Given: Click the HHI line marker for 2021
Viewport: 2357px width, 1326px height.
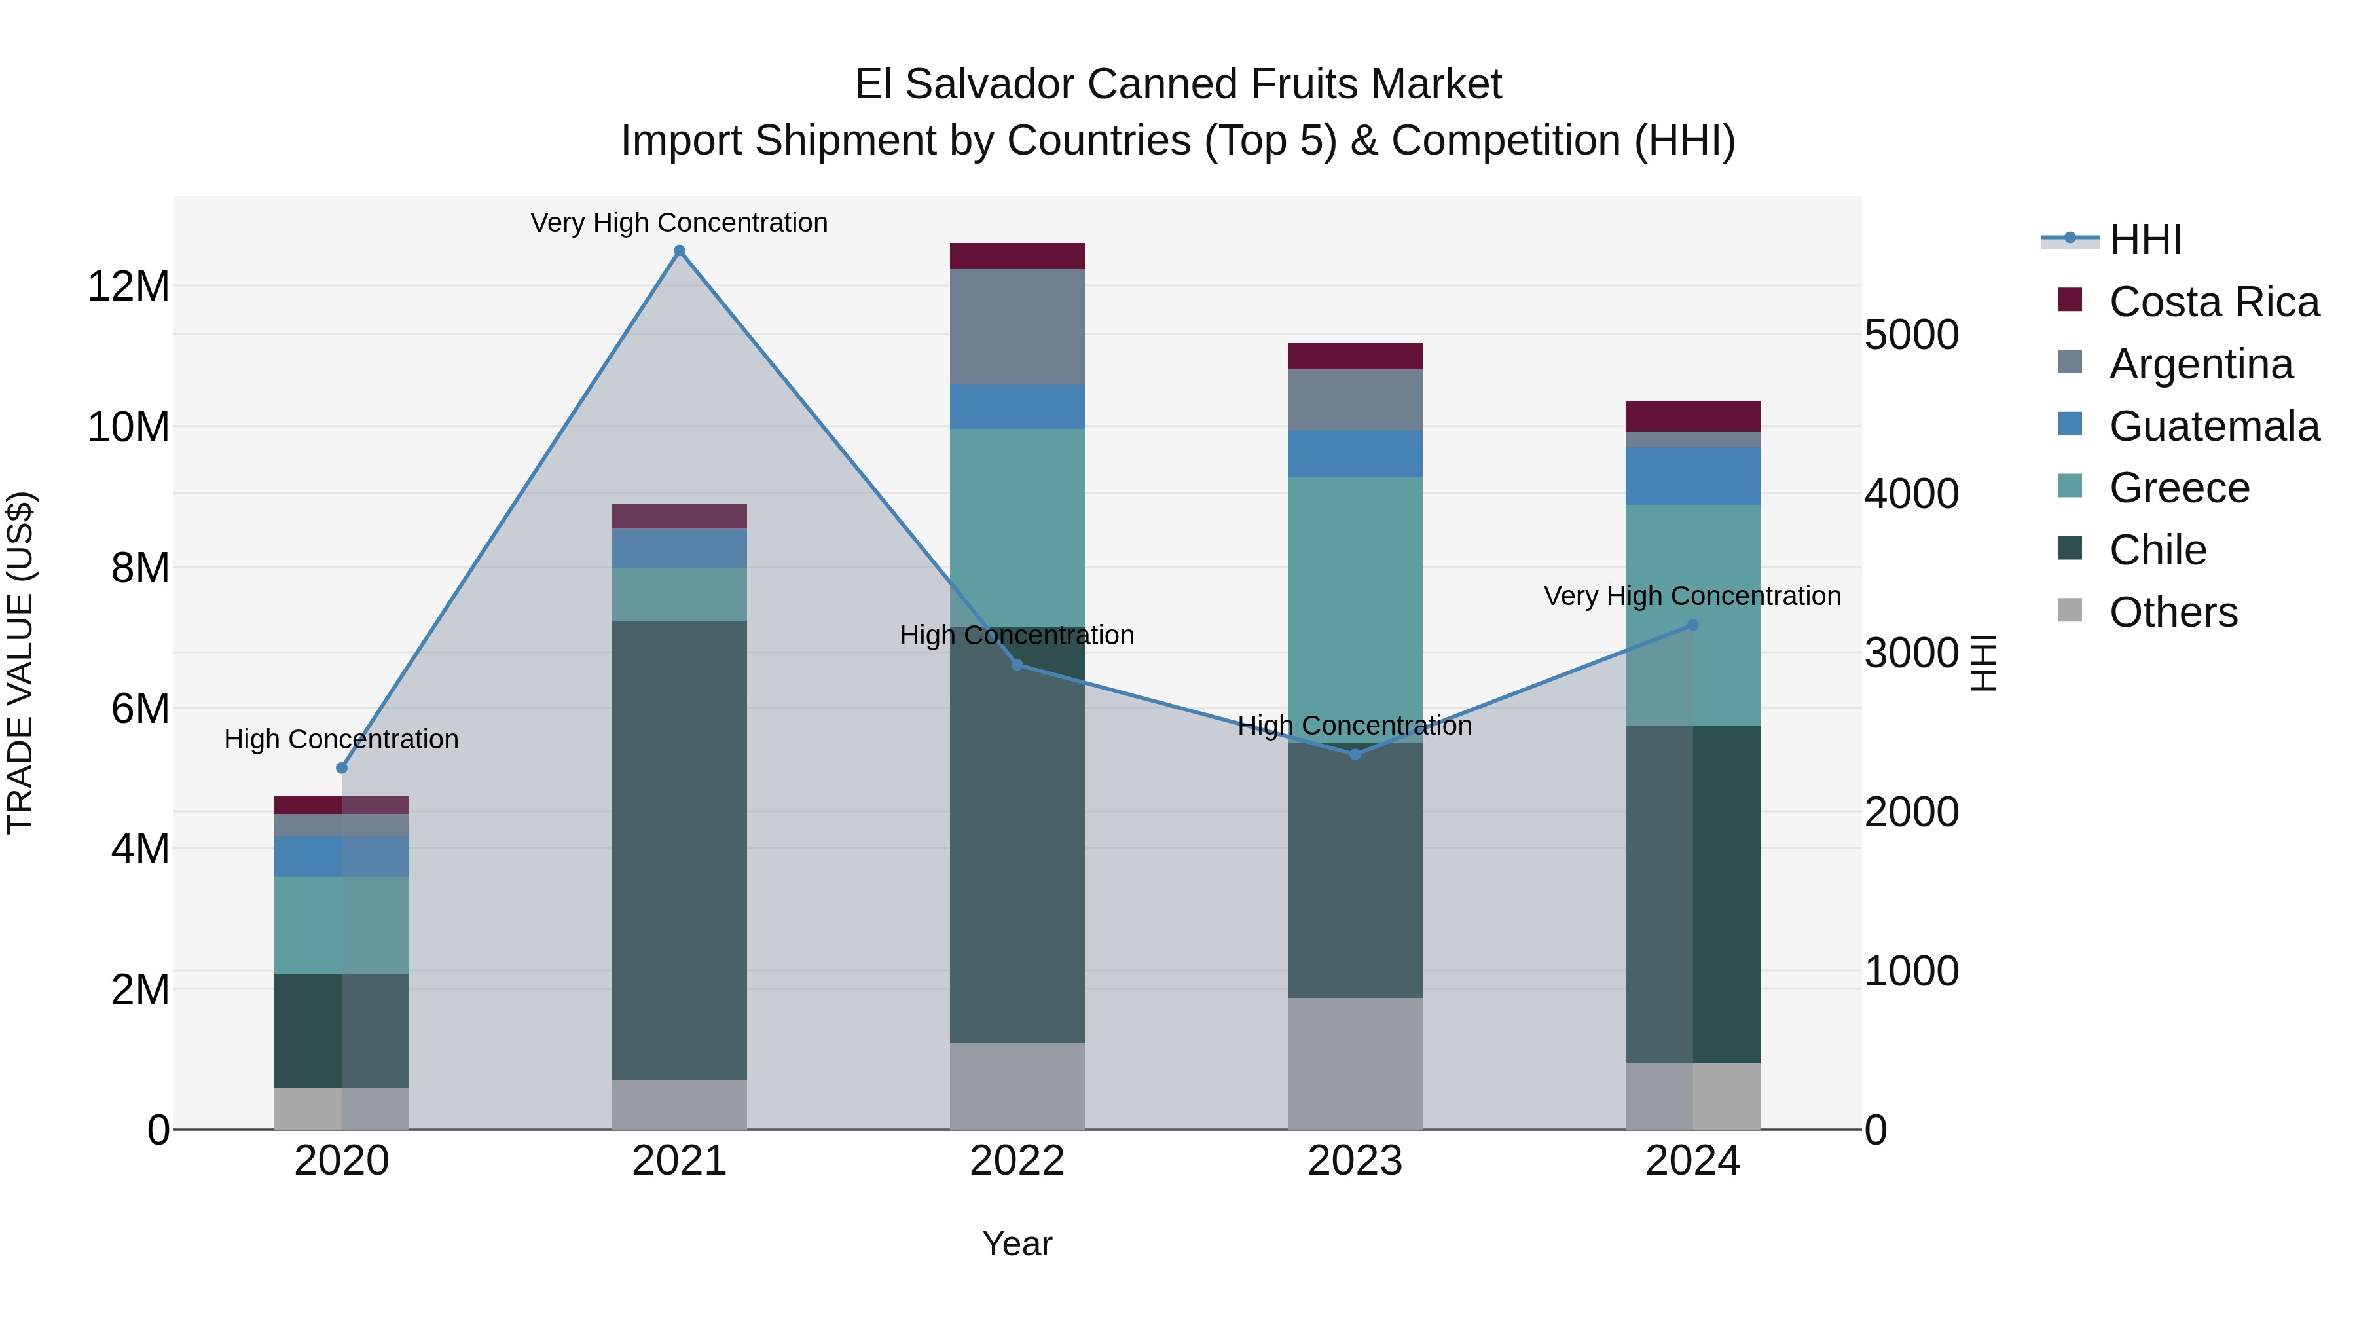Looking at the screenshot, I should point(679,251).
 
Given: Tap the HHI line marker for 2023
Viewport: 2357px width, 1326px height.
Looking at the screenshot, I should point(1355,754).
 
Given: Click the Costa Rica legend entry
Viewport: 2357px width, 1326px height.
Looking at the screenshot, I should point(2214,302).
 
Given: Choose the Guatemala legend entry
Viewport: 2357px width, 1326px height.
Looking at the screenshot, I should point(2214,426).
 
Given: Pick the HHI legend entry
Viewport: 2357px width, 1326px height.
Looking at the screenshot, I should point(2145,240).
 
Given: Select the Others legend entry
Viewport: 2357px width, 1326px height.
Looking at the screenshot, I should point(2173,612).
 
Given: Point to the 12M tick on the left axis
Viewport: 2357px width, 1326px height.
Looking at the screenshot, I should point(128,286).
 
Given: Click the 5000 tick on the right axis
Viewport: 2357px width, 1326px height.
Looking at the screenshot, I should point(1910,335).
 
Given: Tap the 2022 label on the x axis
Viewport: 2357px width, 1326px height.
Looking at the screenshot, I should point(1017,1161).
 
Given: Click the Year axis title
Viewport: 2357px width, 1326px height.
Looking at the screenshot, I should point(1017,1243).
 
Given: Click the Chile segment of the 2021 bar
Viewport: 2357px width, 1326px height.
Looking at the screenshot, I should point(679,851).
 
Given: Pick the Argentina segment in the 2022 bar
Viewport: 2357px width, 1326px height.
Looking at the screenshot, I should point(1017,327).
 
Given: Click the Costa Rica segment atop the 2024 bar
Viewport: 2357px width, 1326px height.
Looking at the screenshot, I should point(1692,416).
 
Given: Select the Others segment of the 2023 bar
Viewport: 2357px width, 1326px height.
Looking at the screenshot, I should point(1355,1063).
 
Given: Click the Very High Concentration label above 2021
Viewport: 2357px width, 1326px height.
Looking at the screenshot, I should point(679,223).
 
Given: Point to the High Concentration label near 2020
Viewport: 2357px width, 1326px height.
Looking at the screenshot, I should point(341,739).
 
